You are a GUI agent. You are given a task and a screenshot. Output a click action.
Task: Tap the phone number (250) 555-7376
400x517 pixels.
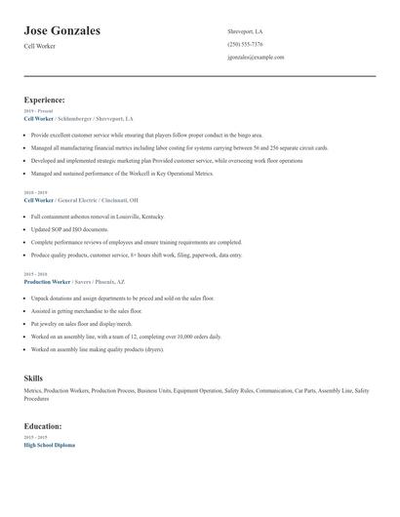(245, 44)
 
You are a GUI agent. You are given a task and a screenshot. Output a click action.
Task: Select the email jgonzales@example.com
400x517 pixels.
(256, 58)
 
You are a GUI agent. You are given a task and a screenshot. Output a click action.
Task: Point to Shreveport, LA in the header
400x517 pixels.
(245, 31)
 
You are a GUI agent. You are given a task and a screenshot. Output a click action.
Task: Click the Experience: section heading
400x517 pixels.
(45, 99)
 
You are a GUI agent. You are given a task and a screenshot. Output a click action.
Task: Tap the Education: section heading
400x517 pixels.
(43, 426)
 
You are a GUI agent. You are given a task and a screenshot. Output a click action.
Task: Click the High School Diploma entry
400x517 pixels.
(49, 445)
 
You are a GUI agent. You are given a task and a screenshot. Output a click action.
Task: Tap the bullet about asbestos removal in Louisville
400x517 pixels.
(98, 217)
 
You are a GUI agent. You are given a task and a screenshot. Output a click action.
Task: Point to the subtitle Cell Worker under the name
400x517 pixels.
(40, 46)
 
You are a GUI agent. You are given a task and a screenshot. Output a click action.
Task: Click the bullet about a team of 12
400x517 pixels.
(124, 336)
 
